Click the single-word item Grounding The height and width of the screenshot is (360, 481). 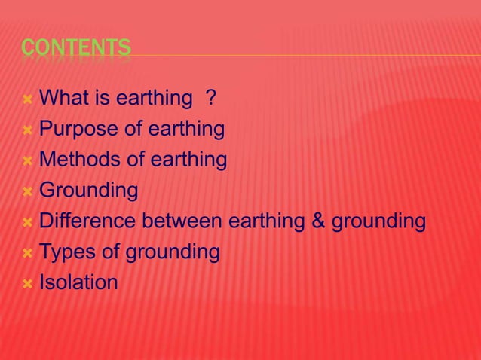pyautogui.click(x=88, y=191)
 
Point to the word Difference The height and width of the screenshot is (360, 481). pyautogui.click(x=86, y=221)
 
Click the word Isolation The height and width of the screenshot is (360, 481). pyautogui.click(x=78, y=282)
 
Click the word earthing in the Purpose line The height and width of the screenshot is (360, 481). pyautogui.click(x=185, y=129)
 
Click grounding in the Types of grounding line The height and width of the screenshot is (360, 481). pyautogui.click(x=172, y=252)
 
